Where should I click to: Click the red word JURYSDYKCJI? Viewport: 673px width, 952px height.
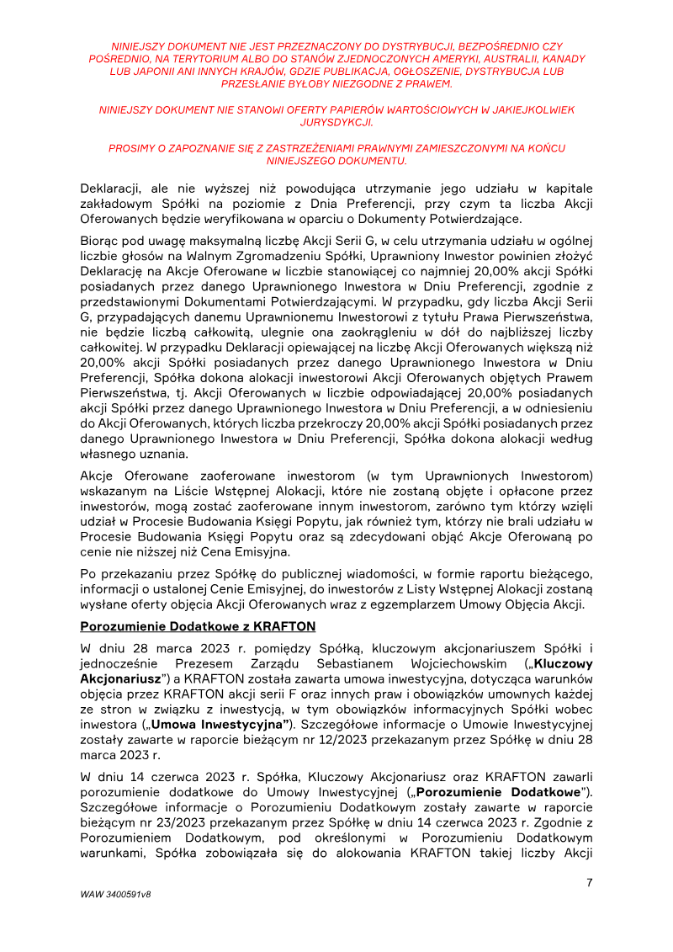[x=336, y=122]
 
